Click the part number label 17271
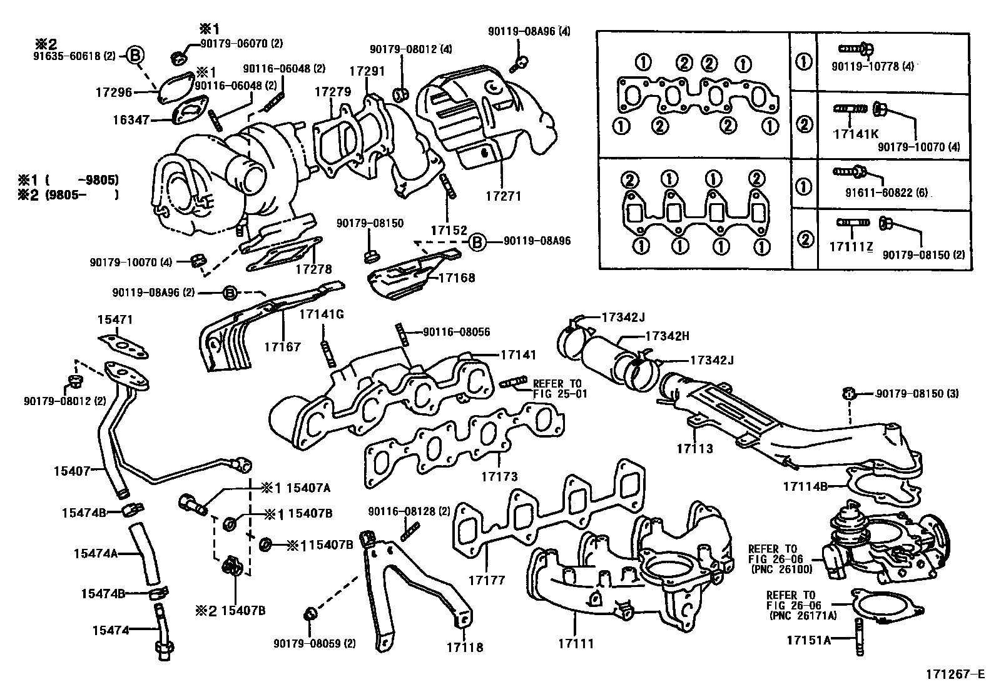click(502, 196)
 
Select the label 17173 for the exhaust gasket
click(499, 477)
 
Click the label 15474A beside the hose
click(96, 553)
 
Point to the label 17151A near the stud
click(809, 640)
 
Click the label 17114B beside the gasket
click(805, 485)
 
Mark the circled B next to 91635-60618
click(136, 56)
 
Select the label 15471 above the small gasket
click(114, 319)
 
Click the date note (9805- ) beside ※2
click(82, 195)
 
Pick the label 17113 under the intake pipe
click(694, 448)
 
